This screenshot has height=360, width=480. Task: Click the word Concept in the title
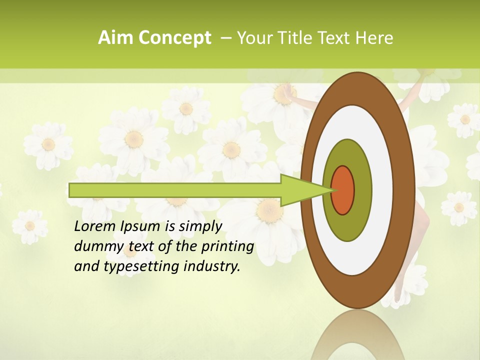coord(174,38)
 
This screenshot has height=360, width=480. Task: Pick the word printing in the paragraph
coord(227,247)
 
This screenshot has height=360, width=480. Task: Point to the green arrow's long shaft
coord(175,190)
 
